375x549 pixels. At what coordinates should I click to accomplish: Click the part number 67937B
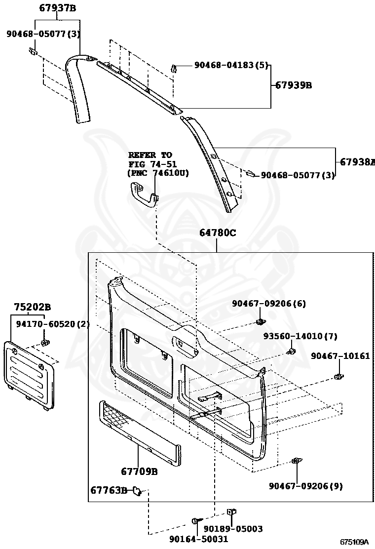tap(58, 8)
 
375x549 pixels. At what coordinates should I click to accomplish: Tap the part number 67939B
tap(294, 85)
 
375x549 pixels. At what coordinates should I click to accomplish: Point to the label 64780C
tap(218, 233)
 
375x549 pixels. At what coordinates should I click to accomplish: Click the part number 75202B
tap(32, 307)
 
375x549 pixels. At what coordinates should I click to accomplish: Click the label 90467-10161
tap(340, 355)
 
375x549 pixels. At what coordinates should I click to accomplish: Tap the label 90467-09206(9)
tap(305, 486)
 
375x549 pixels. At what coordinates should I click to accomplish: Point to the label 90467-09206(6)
tap(269, 304)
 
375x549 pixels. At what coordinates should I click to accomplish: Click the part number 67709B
tap(139, 471)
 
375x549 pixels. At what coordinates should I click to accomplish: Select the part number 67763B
tap(109, 490)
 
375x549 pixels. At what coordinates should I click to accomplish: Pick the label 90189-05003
tap(233, 529)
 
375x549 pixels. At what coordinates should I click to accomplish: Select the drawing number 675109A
tap(354, 542)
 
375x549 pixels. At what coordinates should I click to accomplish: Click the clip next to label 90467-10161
tap(338, 377)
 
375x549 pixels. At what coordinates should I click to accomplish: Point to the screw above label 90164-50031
tap(196, 521)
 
